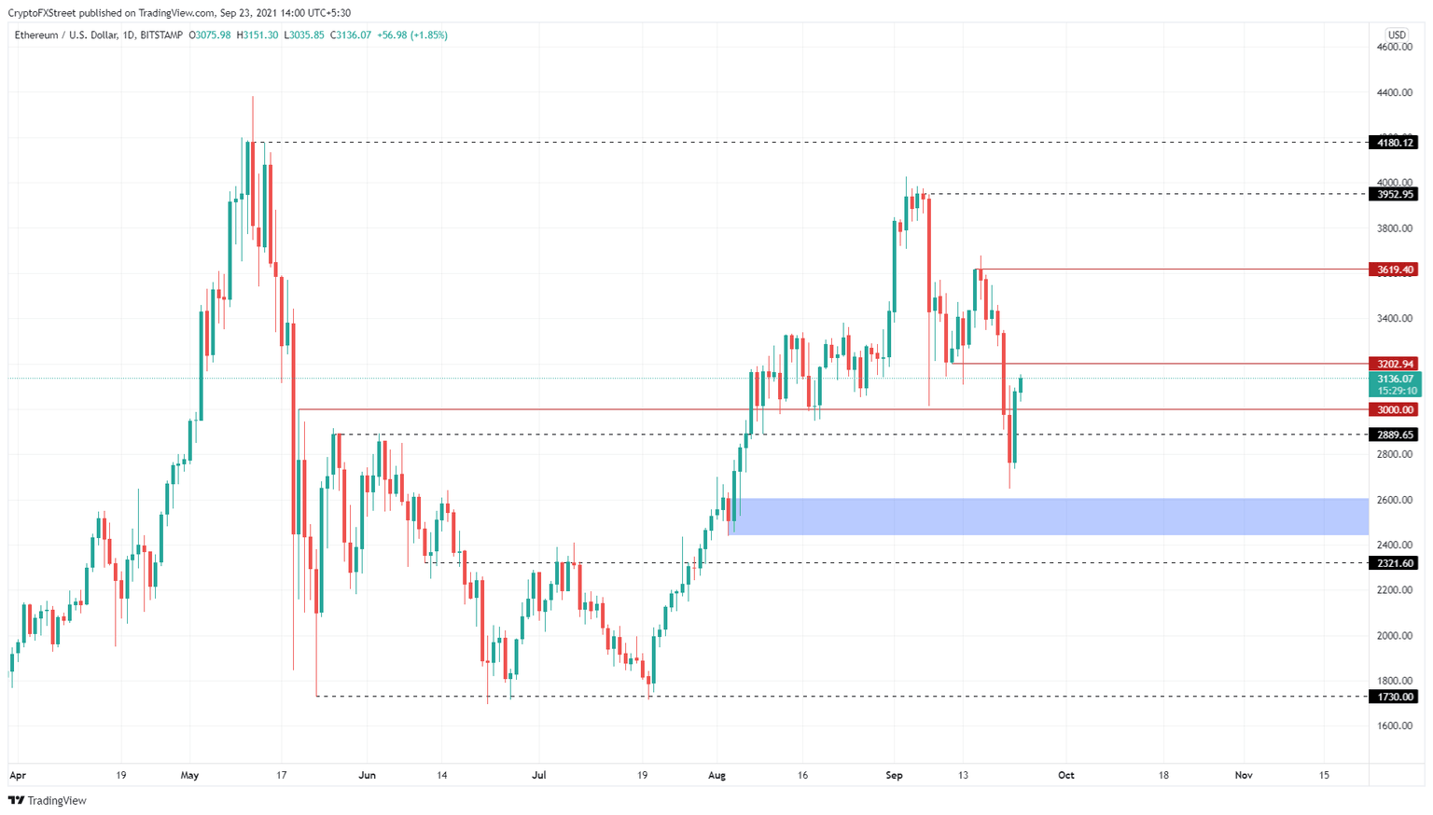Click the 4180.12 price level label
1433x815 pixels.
pyautogui.click(x=1393, y=143)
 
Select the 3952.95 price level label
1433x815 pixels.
pyautogui.click(x=1393, y=194)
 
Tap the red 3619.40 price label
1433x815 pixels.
pyautogui.click(x=1393, y=269)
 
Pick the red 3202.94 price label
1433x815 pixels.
pyautogui.click(x=1393, y=364)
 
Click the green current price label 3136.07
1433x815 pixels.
pyautogui.click(x=1396, y=379)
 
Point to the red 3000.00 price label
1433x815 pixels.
pyautogui.click(x=1393, y=409)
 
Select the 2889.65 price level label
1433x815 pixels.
pyautogui.click(x=1393, y=435)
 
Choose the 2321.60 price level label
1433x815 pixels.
pyautogui.click(x=1393, y=563)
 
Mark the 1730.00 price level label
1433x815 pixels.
pyautogui.click(x=1393, y=697)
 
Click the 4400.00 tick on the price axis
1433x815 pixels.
pyautogui.click(x=1395, y=92)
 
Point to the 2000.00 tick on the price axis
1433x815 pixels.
pyautogui.click(x=1395, y=636)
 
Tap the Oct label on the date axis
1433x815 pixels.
pyautogui.click(x=1065, y=775)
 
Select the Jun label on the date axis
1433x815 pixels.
pyautogui.click(x=367, y=775)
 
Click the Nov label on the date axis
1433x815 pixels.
pyautogui.click(x=1243, y=775)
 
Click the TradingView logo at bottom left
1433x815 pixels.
pyautogui.click(x=48, y=800)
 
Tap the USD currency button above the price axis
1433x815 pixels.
pyautogui.click(x=1396, y=35)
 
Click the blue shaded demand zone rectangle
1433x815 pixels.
pyautogui.click(x=1050, y=517)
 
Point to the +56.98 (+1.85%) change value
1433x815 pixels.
pyautogui.click(x=411, y=35)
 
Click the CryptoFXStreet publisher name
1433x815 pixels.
pyautogui.click(x=42, y=13)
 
